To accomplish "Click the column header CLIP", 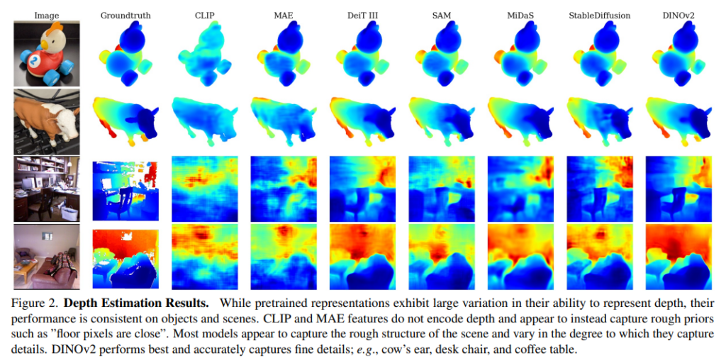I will [x=203, y=14].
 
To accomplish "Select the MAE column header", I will [x=282, y=14].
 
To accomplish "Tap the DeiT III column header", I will [x=361, y=14].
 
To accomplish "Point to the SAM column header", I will [x=440, y=14].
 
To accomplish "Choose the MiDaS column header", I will [x=518, y=14].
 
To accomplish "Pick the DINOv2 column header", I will [x=677, y=14].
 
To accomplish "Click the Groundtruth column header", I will [x=125, y=14].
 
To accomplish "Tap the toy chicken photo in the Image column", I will [x=47, y=53].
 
